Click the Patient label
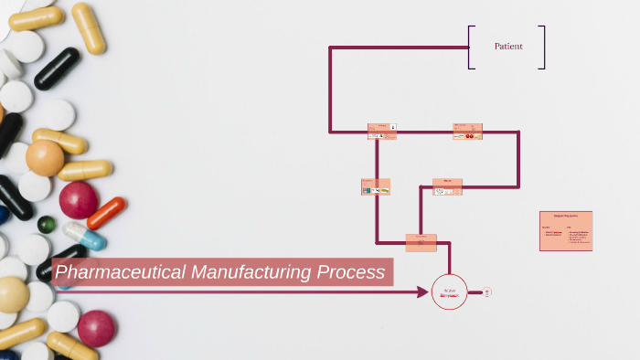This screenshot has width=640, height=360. [508, 47]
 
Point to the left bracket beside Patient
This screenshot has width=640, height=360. [470, 47]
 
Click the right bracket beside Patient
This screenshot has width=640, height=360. [543, 47]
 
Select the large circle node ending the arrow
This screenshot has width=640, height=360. [449, 292]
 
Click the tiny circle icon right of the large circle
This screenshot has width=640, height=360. [487, 292]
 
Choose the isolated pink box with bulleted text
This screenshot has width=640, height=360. [566, 231]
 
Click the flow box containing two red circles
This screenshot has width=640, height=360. [468, 132]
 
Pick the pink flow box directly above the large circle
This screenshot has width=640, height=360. [421, 242]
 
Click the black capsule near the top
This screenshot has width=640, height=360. [57, 69]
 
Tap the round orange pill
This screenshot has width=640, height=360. [45, 158]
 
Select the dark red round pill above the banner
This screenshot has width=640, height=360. [79, 199]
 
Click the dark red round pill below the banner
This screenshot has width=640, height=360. [96, 328]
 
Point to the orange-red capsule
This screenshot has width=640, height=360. [107, 213]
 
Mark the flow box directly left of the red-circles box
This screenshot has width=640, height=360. [382, 132]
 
